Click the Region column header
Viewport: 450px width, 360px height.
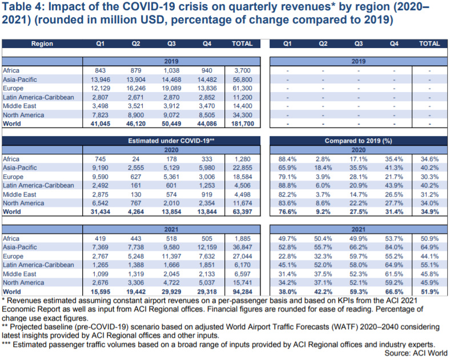(x=42, y=43)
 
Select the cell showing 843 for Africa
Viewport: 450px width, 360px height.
(x=100, y=71)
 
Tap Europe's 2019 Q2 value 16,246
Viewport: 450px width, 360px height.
(x=136, y=89)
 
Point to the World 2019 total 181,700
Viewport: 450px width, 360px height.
(x=243, y=124)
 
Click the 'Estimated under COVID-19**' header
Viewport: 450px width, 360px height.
(x=171, y=141)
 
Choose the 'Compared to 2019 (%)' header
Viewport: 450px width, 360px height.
(x=359, y=141)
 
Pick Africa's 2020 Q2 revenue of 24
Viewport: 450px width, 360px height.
(x=136, y=159)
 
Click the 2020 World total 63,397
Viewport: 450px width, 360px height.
(x=243, y=212)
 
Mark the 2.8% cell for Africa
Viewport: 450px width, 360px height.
(x=323, y=159)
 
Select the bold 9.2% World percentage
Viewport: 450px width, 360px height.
(x=323, y=212)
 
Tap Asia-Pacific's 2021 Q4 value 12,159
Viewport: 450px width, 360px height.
(x=207, y=247)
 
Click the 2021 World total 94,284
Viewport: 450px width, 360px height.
(x=243, y=291)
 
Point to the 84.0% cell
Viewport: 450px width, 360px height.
(x=394, y=247)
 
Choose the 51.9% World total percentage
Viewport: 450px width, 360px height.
(x=429, y=291)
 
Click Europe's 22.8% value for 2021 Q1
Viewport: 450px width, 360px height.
(x=287, y=256)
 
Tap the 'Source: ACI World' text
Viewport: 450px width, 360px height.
(x=416, y=353)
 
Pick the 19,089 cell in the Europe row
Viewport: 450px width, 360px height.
(x=171, y=89)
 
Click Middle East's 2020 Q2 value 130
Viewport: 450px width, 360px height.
(x=136, y=194)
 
